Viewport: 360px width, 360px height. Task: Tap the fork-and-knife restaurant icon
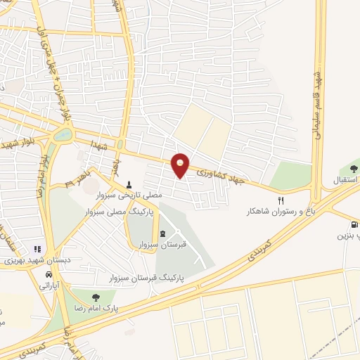[281, 200]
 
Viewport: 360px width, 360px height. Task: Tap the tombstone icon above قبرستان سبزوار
[164, 233]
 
